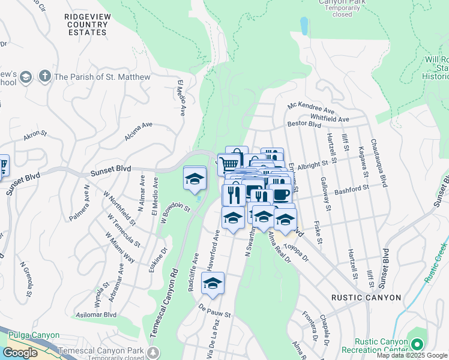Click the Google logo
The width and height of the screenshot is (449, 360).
click(20, 353)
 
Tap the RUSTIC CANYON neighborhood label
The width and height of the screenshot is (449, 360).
click(366, 298)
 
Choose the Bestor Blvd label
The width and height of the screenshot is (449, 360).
click(304, 124)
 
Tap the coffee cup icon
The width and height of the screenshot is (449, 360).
click(280, 194)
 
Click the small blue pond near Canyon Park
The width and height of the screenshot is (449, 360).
click(304, 25)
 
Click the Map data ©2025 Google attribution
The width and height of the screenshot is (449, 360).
click(412, 355)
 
